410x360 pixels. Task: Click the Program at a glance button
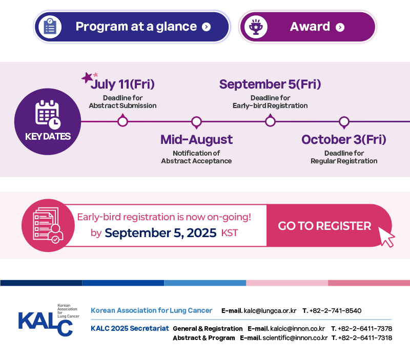[x=132, y=27]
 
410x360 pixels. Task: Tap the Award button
[x=307, y=27]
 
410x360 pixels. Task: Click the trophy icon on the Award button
[x=256, y=27]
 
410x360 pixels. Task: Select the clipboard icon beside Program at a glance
[x=50, y=27]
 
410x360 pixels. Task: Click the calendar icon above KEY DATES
[x=48, y=114]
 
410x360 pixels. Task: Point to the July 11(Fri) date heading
[x=122, y=84]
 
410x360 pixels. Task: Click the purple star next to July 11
[x=87, y=78]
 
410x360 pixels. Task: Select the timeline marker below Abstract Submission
[x=122, y=120]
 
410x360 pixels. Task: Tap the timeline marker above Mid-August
[x=196, y=122]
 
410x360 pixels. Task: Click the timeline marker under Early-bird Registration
[x=270, y=120]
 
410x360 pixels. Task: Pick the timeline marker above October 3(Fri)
[x=344, y=122]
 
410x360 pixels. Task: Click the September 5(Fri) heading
[x=270, y=84]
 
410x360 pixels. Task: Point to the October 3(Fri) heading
[x=344, y=139]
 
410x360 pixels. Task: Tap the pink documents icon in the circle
[x=48, y=225]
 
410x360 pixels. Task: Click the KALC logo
[x=49, y=320]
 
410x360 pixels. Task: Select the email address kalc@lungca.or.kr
[x=270, y=311]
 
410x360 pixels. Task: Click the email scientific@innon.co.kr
[x=295, y=338]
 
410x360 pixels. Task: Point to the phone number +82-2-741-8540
[x=335, y=311]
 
